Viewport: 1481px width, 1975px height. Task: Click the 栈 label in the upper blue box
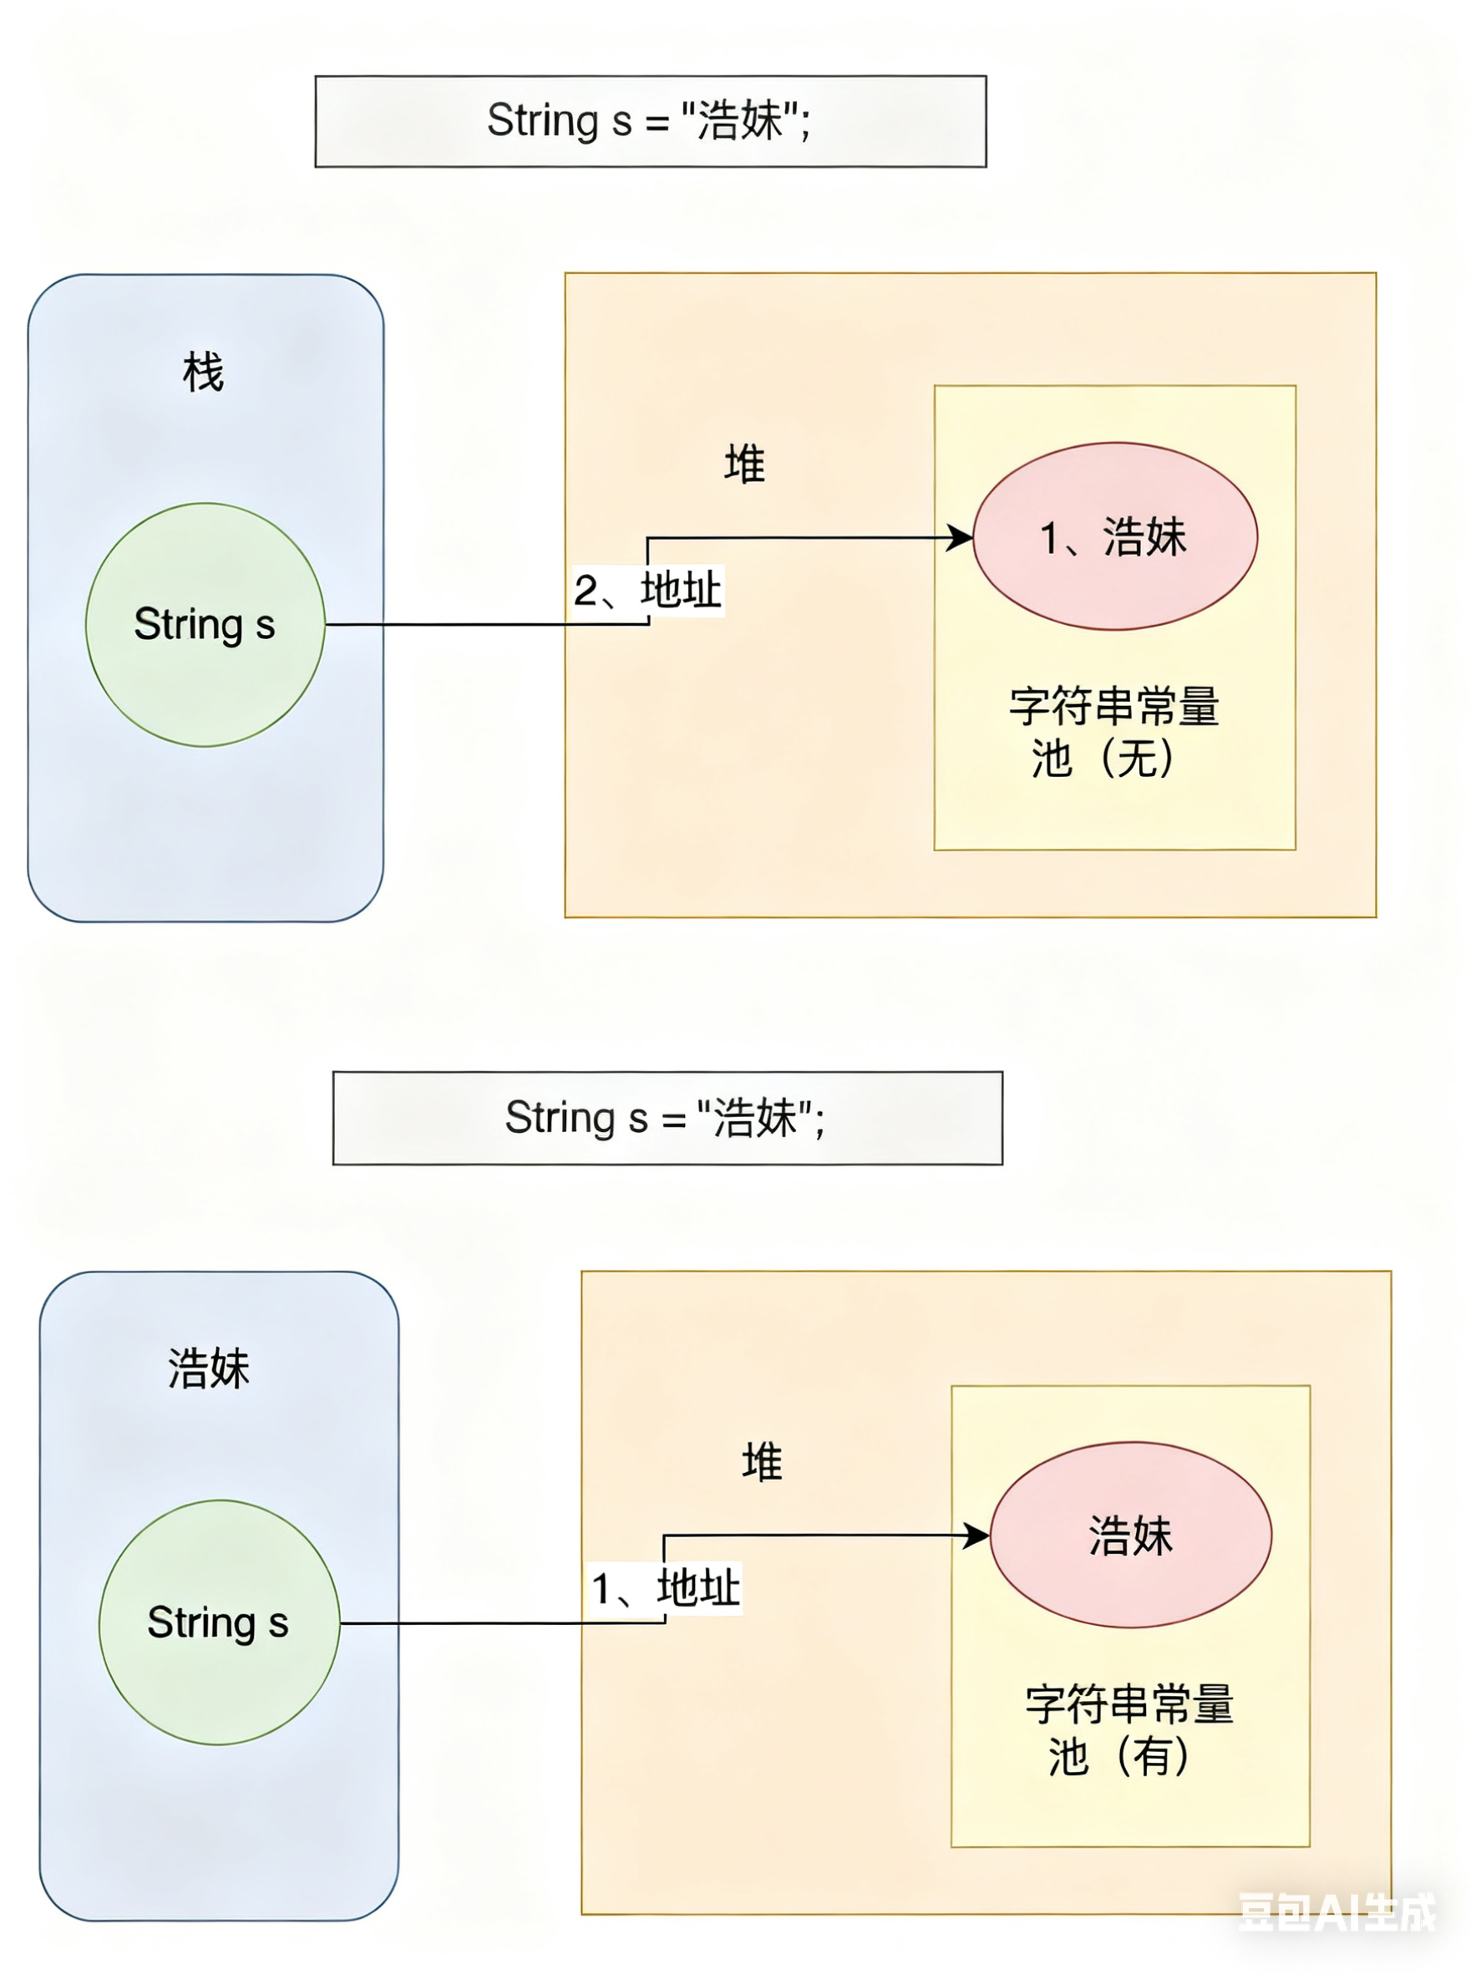203,372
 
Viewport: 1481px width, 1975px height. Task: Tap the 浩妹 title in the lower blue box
209,1368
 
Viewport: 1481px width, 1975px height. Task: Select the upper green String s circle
205,624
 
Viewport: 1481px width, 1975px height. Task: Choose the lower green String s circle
219,1622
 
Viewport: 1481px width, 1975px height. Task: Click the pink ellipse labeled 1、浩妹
1114,536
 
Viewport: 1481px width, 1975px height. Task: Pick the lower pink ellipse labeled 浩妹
1130,1536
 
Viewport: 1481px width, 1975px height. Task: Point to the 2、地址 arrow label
647,590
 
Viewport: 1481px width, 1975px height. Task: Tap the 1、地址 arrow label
665,1588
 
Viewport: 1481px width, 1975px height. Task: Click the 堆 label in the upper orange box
744,465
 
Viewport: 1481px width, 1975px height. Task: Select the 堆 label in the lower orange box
762,1463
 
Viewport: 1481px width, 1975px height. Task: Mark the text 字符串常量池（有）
1129,1730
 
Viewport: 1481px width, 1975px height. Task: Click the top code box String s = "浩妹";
650,121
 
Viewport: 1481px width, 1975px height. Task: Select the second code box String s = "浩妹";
667,1118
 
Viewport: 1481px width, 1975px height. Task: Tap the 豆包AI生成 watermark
1336,1912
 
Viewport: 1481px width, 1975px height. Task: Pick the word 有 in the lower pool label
1154,1756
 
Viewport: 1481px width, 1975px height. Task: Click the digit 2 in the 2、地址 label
586,590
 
